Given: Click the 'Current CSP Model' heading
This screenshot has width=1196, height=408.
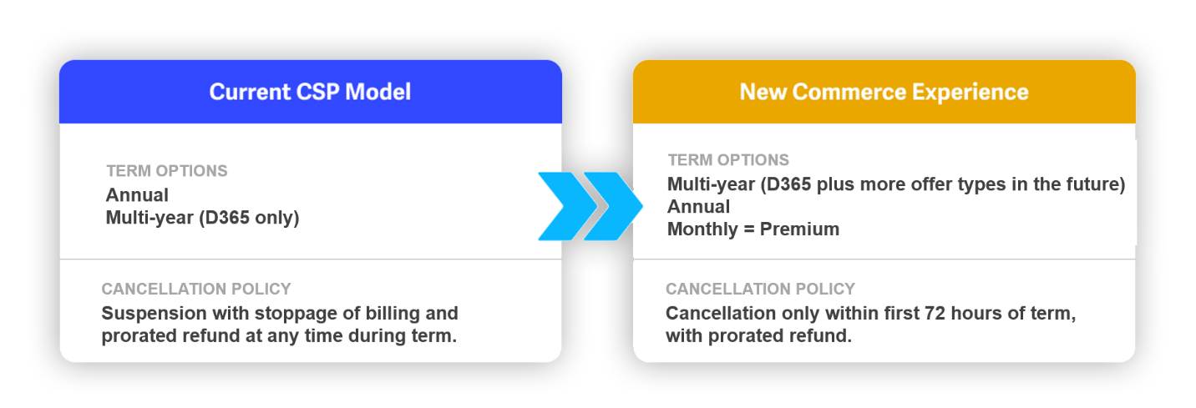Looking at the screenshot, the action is coord(310,92).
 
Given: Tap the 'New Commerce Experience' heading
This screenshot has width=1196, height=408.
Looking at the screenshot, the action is coord(884,92).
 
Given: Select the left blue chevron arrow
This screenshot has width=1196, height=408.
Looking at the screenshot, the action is coord(567,206).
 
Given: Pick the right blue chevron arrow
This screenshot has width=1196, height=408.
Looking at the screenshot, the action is coord(613,206).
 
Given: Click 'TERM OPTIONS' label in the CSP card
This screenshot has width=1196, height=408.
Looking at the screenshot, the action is coord(167,171).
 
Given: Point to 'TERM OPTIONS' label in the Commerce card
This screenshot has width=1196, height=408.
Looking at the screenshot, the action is coord(728,160).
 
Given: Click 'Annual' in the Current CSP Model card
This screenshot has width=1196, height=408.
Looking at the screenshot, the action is coord(137,195).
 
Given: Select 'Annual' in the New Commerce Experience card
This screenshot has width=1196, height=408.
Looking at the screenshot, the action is coord(698,206).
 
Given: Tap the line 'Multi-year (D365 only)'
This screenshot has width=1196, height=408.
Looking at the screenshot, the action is coord(202,218).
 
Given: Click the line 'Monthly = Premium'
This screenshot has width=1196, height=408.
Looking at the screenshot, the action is coord(753,229).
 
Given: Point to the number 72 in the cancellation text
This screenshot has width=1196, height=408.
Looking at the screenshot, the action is coord(935,313).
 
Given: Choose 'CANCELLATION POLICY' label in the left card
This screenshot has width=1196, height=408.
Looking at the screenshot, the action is coord(196,289).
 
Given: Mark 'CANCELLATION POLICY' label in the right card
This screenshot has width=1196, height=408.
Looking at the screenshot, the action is coord(760,289).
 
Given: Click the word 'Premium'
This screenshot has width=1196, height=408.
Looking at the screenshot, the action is coord(799,229).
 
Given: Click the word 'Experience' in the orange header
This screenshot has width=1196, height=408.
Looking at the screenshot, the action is coord(970,93).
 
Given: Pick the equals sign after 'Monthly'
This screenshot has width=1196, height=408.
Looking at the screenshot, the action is coord(749,230).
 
